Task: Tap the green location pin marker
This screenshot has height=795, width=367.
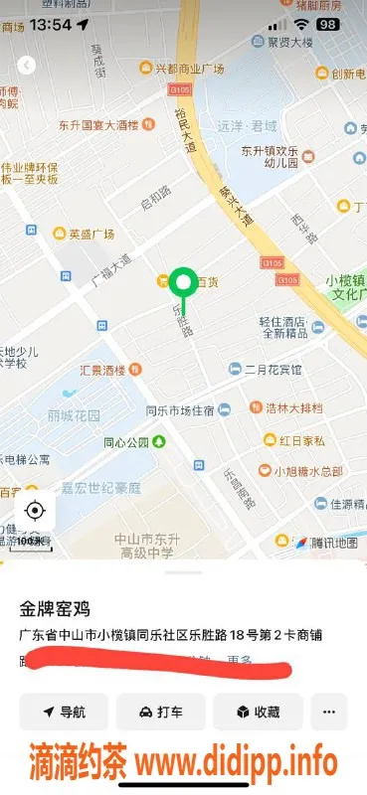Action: click(182, 283)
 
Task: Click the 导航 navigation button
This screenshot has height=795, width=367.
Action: click(64, 712)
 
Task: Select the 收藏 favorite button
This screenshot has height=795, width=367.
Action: click(258, 712)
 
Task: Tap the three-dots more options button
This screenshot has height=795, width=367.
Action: click(329, 712)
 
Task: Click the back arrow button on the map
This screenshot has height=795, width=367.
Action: click(27, 65)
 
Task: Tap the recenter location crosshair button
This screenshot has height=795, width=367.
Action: click(35, 511)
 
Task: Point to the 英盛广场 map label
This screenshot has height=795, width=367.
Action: click(91, 235)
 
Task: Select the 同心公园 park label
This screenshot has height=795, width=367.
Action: click(126, 441)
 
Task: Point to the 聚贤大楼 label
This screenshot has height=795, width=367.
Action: click(289, 42)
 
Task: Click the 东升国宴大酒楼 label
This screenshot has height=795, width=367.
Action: click(97, 125)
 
